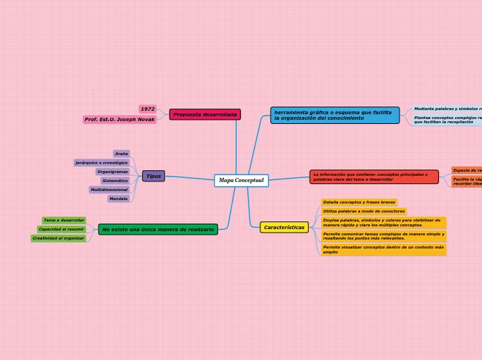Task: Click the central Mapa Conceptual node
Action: pyautogui.click(x=241, y=181)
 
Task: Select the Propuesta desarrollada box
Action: pyautogui.click(x=205, y=114)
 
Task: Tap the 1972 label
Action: pyautogui.click(x=148, y=109)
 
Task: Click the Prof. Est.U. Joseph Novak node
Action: pyautogui.click(x=119, y=120)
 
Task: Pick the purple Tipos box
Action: pyautogui.click(x=154, y=177)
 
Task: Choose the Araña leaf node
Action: pyautogui.click(x=121, y=154)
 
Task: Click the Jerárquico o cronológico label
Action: pyautogui.click(x=102, y=163)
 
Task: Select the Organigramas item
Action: pyautogui.click(x=112, y=172)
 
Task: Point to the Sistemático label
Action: pyautogui.click(x=115, y=181)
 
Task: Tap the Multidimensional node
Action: pyautogui.click(x=109, y=190)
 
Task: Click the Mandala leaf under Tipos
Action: pyautogui.click(x=118, y=199)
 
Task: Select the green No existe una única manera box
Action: pyautogui.click(x=158, y=229)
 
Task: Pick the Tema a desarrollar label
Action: pyautogui.click(x=64, y=220)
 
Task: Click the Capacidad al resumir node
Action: pyautogui.click(x=61, y=229)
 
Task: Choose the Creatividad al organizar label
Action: pyautogui.click(x=58, y=238)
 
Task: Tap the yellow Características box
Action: pyautogui.click(x=284, y=227)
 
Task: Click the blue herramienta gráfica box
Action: pyautogui.click(x=334, y=115)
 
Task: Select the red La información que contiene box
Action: pyautogui.click(x=374, y=177)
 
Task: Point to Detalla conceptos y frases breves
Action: pyautogui.click(x=359, y=203)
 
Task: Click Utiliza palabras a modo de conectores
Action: pyautogui.click(x=364, y=211)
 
